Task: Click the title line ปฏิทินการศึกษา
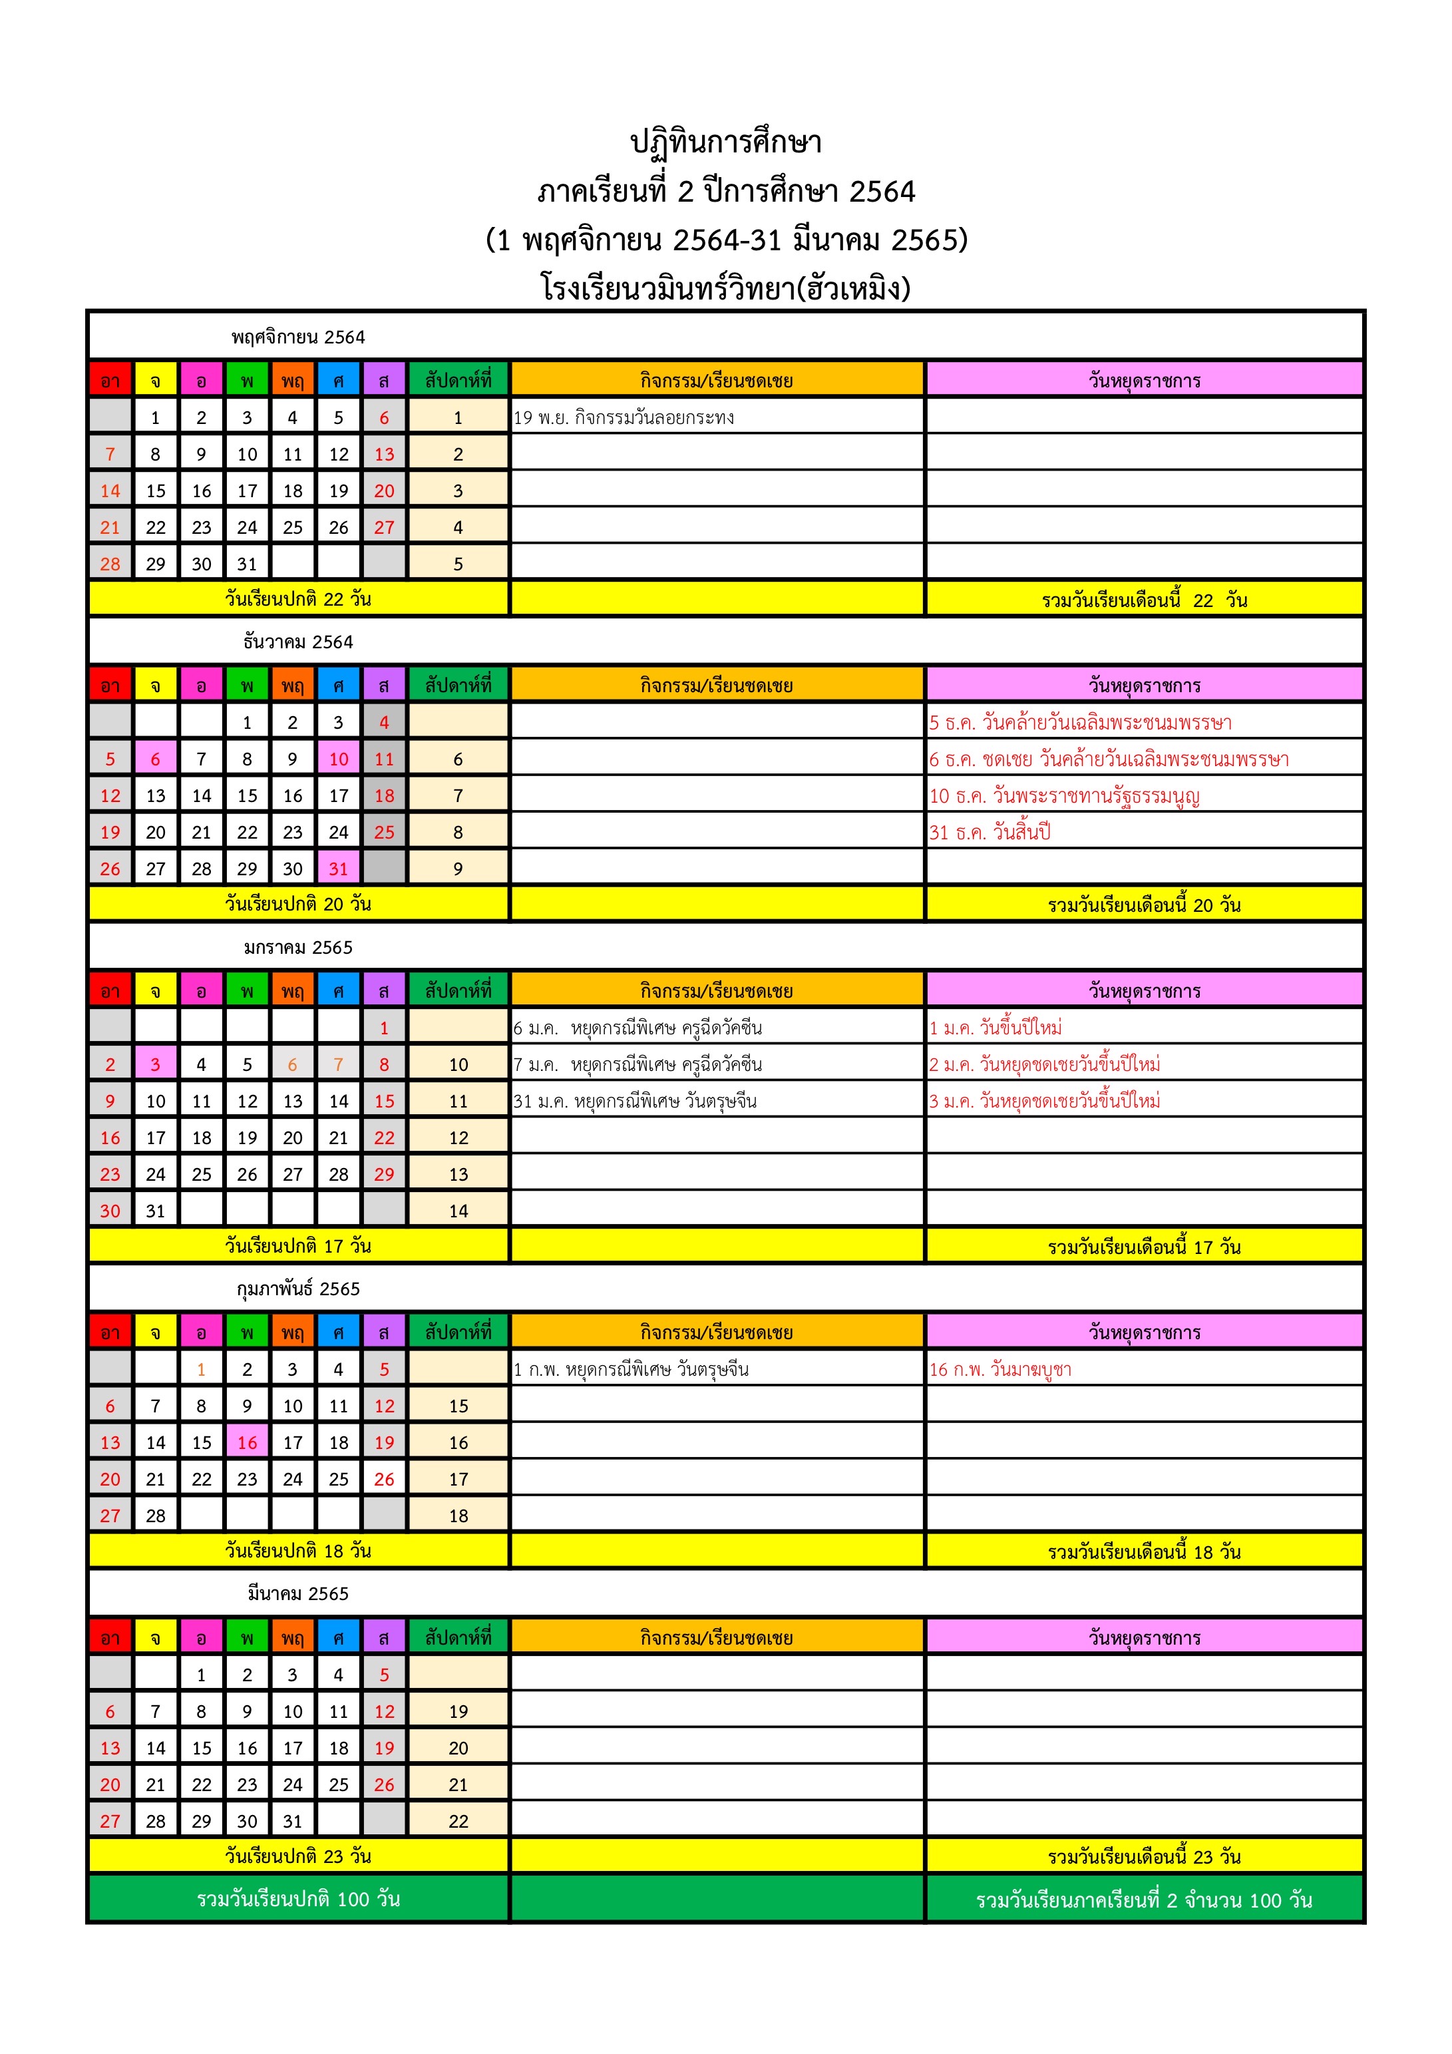click(x=725, y=143)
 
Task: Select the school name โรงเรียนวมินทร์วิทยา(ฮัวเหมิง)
click(x=725, y=289)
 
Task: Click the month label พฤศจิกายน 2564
click(x=298, y=337)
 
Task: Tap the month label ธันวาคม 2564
click(x=298, y=642)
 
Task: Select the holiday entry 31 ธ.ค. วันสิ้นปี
click(x=990, y=832)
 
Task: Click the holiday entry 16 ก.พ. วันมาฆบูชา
click(x=999, y=1368)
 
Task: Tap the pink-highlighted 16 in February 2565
click(x=247, y=1442)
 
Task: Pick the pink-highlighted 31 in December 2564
click(x=338, y=869)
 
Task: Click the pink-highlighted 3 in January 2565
click(x=156, y=1064)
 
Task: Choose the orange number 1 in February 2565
click(x=201, y=1368)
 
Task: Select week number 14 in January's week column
click(x=458, y=1211)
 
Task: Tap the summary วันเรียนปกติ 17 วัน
click(x=298, y=1245)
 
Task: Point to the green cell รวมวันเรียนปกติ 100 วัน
click(x=298, y=1898)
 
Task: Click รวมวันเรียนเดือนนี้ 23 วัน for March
click(x=1145, y=1856)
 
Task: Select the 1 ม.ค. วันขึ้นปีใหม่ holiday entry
click(x=996, y=1028)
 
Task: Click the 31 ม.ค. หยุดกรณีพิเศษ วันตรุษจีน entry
click(x=635, y=1102)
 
